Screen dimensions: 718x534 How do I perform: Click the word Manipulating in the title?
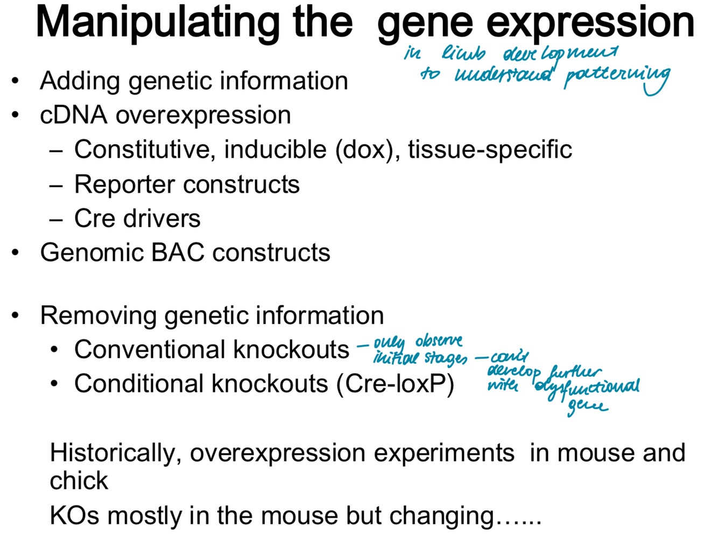[x=157, y=23]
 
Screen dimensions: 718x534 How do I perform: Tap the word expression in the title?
[x=590, y=23]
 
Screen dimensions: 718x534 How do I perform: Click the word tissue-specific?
[x=490, y=150]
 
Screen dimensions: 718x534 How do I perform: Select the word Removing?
[x=98, y=315]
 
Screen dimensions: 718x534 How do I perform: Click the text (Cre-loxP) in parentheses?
[x=396, y=384]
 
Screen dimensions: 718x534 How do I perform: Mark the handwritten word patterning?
[x=616, y=77]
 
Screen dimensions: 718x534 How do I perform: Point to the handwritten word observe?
[x=439, y=341]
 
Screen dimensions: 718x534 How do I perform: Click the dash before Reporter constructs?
[x=56, y=185]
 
